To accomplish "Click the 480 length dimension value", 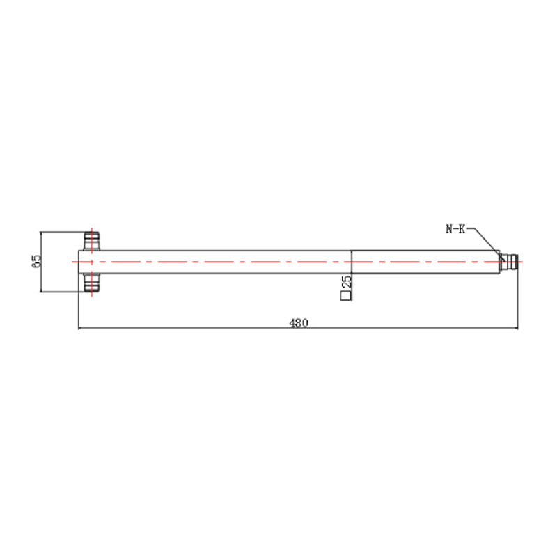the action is tap(299, 322).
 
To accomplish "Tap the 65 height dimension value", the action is tap(37, 262).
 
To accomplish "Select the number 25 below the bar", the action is tap(346, 282).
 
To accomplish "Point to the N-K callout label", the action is tap(455, 229).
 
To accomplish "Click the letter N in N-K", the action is tap(449, 229).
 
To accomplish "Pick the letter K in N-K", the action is tap(462, 229).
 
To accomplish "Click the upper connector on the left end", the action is tap(92, 241).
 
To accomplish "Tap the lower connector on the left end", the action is tap(92, 283).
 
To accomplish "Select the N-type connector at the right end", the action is tap(509, 262).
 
